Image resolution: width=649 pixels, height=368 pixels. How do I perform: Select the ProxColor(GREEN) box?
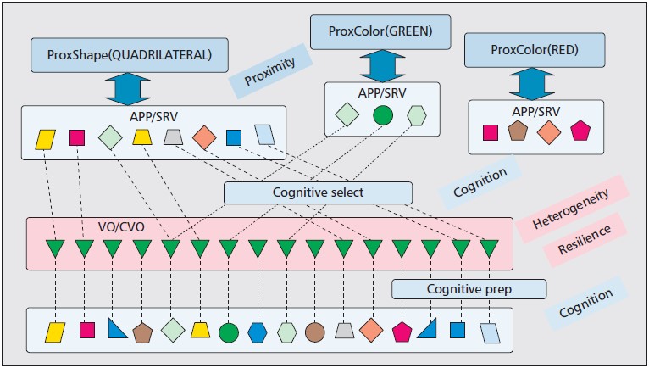(x=369, y=33)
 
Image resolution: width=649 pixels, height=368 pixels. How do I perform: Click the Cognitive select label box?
(x=318, y=192)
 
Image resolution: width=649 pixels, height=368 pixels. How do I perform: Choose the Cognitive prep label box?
(x=469, y=289)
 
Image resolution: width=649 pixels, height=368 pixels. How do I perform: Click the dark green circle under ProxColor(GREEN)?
(x=383, y=114)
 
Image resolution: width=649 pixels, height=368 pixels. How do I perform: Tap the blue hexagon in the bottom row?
(x=257, y=330)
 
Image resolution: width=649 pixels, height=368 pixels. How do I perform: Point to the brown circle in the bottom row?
(x=314, y=330)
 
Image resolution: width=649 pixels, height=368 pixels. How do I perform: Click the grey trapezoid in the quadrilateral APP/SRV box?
(x=173, y=137)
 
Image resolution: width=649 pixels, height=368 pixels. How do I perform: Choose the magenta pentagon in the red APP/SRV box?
(x=580, y=131)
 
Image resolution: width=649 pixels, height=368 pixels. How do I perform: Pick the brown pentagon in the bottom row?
(x=141, y=330)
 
